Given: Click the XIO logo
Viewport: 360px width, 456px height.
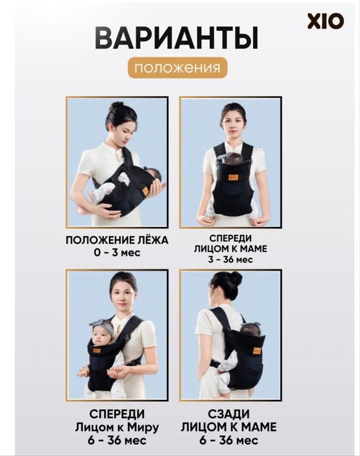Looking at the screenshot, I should pyautogui.click(x=325, y=21).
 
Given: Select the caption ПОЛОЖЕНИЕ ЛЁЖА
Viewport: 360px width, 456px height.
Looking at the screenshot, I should pyautogui.click(x=117, y=240).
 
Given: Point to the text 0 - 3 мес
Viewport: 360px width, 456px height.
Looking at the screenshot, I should pyautogui.click(x=117, y=252).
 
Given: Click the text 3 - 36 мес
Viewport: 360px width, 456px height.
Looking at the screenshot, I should pyautogui.click(x=231, y=260).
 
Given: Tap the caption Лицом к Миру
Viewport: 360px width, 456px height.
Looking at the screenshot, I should pyautogui.click(x=117, y=427).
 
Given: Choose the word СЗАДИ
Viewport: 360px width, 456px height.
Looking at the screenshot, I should pyautogui.click(x=231, y=414).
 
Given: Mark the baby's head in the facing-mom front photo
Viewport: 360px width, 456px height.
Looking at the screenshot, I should pyautogui.click(x=233, y=159).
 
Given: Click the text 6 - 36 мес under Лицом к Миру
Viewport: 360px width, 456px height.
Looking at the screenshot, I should pyautogui.click(x=117, y=440).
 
